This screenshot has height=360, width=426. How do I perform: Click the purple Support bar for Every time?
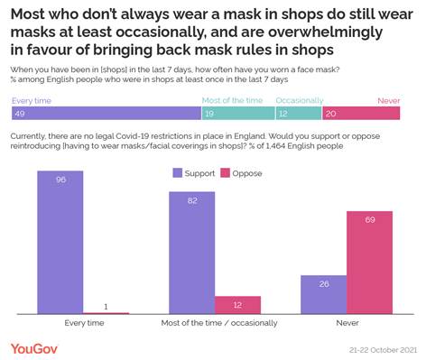(60, 243)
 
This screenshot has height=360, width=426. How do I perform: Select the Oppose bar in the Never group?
(369, 263)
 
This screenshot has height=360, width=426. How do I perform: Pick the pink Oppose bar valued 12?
(237, 305)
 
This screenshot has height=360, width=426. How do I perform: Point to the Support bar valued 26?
(323, 294)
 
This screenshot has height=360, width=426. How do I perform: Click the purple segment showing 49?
(106, 114)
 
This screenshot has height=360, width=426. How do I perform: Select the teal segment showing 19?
(225, 114)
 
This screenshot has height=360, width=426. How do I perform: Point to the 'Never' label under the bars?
(346, 322)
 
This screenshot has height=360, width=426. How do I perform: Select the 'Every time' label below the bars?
(83, 322)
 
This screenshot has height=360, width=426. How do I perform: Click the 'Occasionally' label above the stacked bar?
(274, 101)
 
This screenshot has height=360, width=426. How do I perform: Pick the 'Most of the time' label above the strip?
(225, 101)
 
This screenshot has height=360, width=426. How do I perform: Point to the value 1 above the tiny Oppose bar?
(106, 307)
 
